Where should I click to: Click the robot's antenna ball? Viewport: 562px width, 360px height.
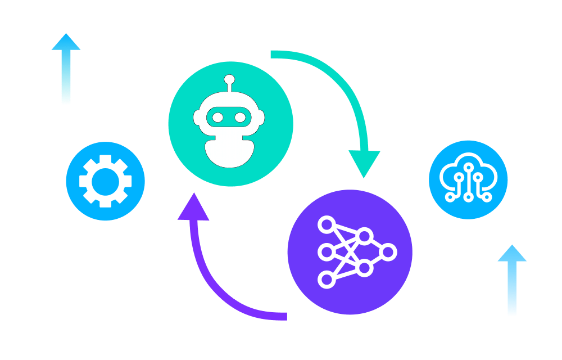coord(229,79)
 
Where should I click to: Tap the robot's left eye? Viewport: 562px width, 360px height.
coord(217,118)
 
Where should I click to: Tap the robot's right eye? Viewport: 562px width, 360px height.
coord(240,118)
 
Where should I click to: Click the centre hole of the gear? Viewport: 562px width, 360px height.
coord(106,181)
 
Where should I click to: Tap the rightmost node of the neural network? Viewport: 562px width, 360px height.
coord(388,252)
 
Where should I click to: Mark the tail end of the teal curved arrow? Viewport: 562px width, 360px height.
coord(273,54)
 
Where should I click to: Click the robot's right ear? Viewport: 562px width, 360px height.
coord(261,118)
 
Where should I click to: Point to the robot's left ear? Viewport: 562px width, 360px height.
coord(197,118)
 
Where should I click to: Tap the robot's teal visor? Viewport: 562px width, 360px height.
coord(229,118)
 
